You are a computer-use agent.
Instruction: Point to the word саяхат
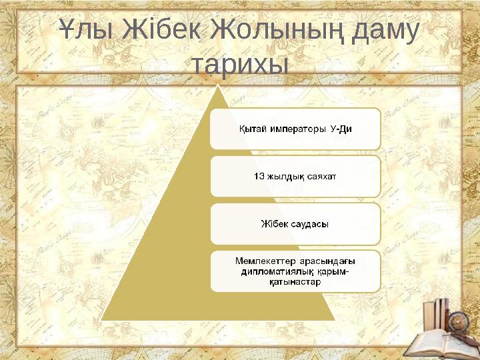coord(322,176)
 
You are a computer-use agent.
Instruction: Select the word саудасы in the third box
coord(309,223)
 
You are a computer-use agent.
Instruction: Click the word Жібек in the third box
coord(274,223)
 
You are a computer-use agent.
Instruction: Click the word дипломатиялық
coord(277,271)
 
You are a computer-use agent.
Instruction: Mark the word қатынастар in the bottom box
coord(295,281)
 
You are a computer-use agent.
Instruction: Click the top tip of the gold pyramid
coord(217,86)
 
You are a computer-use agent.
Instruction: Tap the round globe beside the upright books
coord(458,321)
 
